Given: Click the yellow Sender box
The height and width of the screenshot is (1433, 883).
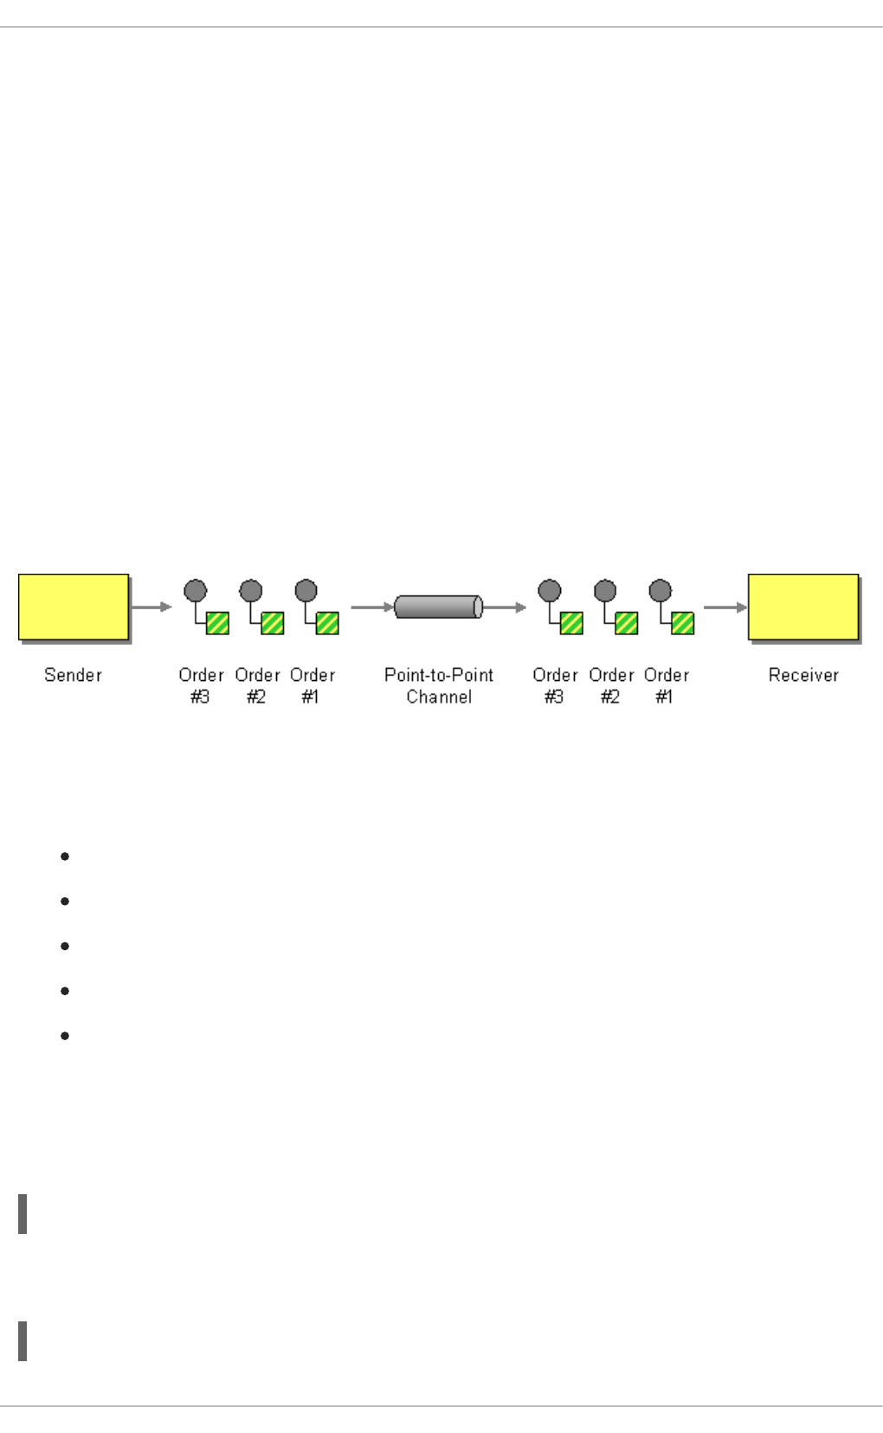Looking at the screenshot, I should (x=74, y=607).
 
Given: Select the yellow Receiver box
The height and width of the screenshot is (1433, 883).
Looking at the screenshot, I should (x=803, y=607).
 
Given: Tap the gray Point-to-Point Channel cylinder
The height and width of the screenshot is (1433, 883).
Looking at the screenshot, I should (x=438, y=607).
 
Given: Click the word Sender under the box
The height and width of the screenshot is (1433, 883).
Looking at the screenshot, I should (x=73, y=675).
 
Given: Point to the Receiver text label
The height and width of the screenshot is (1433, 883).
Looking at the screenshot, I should (x=803, y=675).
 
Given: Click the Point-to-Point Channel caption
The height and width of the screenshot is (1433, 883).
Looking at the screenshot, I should (x=439, y=685).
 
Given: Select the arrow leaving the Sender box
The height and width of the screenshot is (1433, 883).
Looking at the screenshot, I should (x=152, y=607).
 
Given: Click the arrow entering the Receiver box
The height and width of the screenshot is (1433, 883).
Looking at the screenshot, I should (x=725, y=607).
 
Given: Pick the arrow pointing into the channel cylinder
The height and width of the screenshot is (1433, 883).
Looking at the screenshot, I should (x=372, y=607).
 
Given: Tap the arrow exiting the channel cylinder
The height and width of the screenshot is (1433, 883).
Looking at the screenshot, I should (x=505, y=607).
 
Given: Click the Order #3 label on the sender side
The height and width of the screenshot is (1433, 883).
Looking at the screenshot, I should (x=201, y=685).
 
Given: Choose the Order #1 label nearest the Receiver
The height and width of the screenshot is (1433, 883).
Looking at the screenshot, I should (x=666, y=685).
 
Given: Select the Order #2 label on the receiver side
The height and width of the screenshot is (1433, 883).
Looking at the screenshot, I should (x=611, y=685).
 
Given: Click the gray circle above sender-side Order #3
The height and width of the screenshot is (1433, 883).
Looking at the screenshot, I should (x=196, y=591).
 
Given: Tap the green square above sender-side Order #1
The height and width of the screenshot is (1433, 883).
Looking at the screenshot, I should (x=327, y=623).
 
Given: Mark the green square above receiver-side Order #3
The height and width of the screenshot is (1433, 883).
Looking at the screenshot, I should (x=571, y=623).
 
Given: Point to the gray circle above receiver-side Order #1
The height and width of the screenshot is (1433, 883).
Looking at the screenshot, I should (x=661, y=591).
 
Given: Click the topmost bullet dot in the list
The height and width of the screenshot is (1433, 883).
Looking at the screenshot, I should (x=65, y=857).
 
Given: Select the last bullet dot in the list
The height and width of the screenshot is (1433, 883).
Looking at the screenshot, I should (x=65, y=1035).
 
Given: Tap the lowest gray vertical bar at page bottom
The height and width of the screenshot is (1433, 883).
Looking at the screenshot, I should (x=23, y=1340).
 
